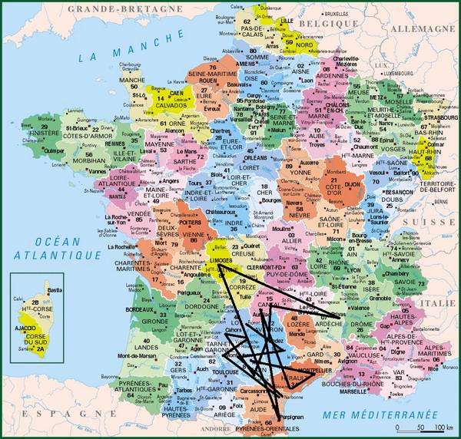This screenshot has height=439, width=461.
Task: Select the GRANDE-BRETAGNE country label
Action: tap(111, 8)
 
